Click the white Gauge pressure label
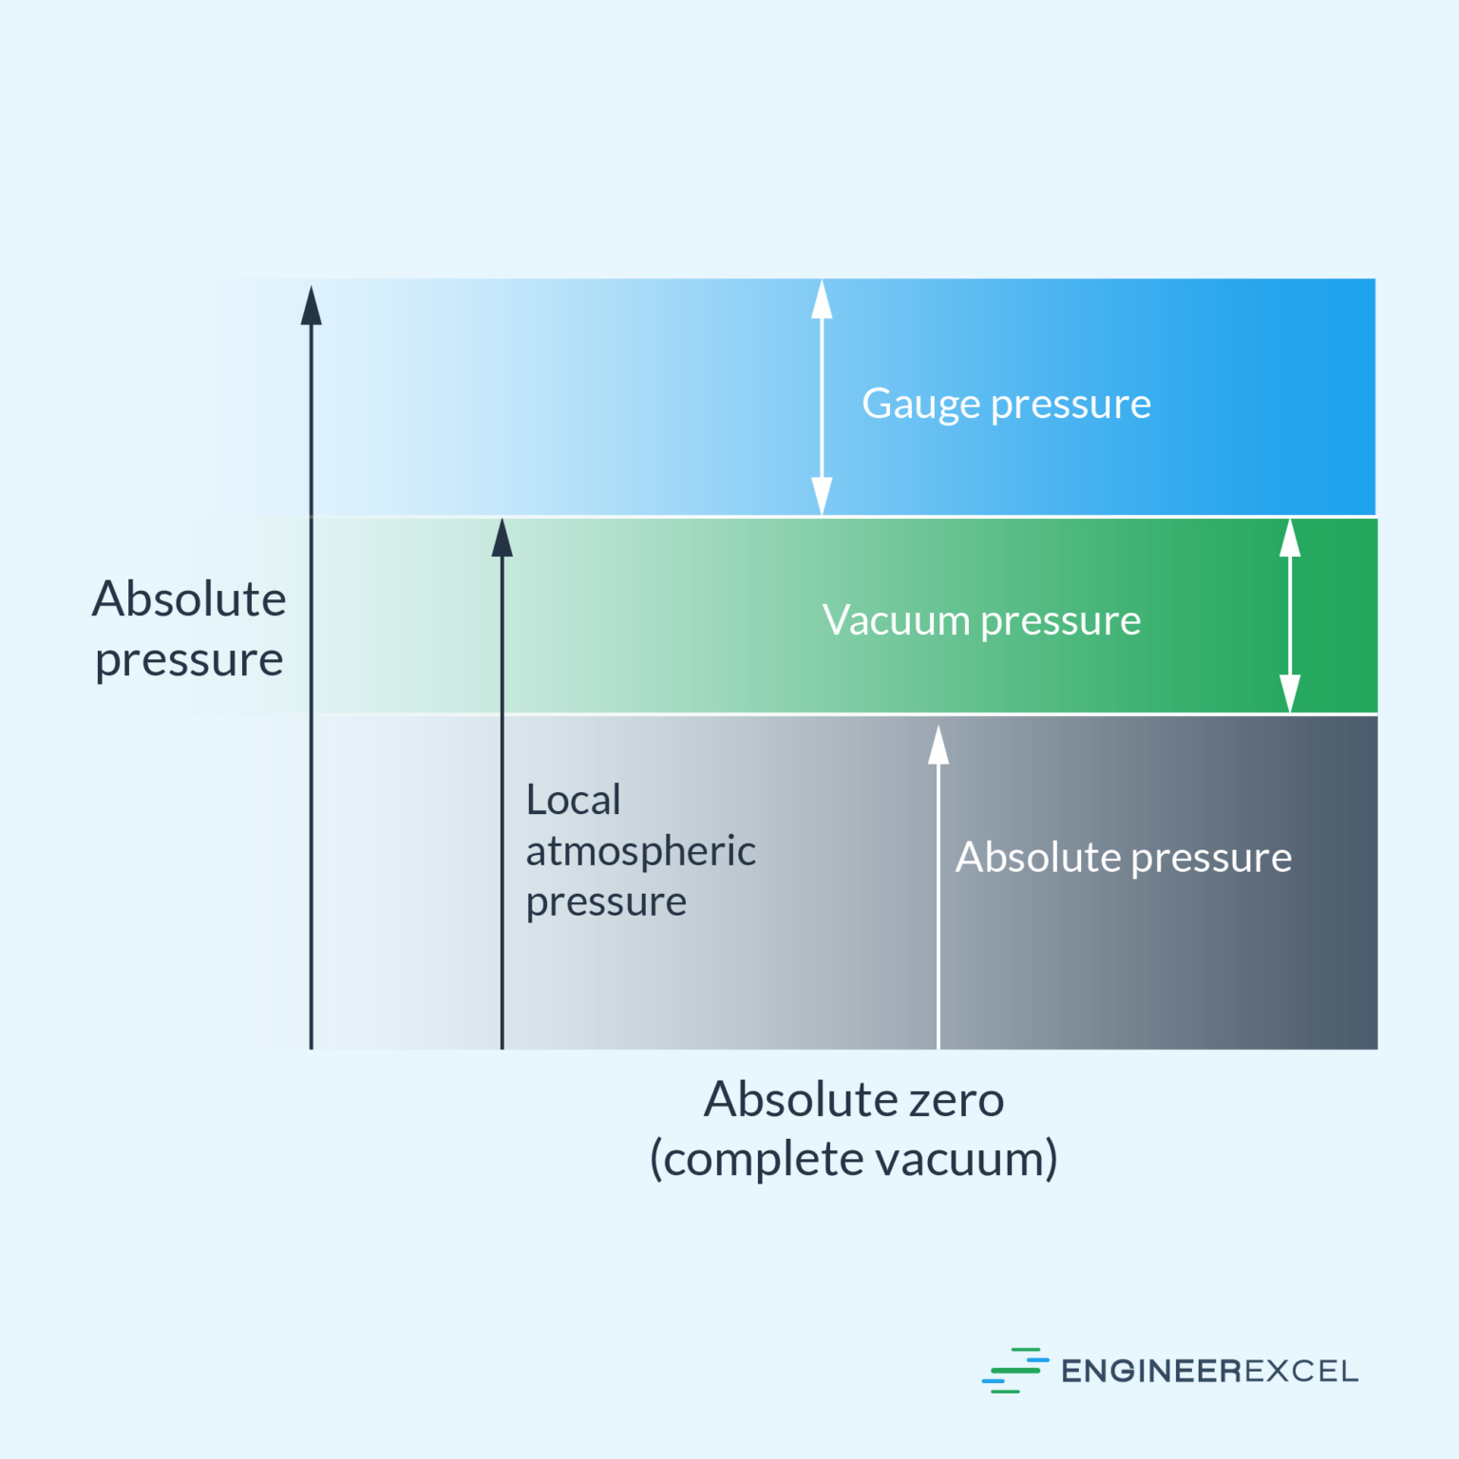click(x=1006, y=405)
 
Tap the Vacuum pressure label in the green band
click(x=981, y=621)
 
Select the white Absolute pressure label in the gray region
click(x=1123, y=858)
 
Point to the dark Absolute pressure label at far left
click(x=189, y=629)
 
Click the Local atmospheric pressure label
click(x=640, y=850)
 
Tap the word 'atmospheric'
click(x=640, y=851)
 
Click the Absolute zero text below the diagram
click(x=853, y=1100)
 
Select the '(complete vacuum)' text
click(x=853, y=1159)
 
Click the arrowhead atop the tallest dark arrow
click(x=312, y=306)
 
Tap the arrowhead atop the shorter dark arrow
click(x=502, y=538)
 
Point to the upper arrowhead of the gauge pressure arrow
click(x=822, y=299)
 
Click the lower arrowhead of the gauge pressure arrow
click(x=822, y=496)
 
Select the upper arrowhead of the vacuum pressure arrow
click(x=1290, y=539)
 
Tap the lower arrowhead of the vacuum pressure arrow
click(x=1290, y=692)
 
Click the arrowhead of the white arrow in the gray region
click(x=938, y=746)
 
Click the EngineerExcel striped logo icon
click(x=1014, y=1370)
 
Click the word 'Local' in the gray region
click(x=573, y=800)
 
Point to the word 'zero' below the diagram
click(x=956, y=1100)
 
